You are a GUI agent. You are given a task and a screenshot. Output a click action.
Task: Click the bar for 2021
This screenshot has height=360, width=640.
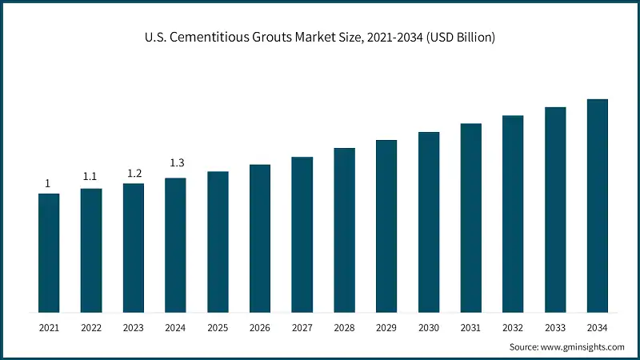coord(49,253)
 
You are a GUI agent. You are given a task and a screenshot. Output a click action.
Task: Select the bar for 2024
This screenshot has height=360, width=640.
coord(175,245)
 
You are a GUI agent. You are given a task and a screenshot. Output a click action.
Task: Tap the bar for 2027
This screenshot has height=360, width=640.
coord(302,234)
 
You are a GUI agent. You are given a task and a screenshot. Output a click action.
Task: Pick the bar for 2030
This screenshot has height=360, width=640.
coord(429,222)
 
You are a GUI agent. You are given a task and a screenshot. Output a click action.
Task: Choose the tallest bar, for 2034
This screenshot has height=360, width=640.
coord(598,206)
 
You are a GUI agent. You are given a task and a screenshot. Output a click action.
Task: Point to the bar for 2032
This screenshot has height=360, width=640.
coord(513,214)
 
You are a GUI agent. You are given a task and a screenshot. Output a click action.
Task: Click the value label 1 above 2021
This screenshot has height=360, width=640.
coord(48,183)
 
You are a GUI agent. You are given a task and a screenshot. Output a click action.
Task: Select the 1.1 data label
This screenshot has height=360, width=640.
coord(90,177)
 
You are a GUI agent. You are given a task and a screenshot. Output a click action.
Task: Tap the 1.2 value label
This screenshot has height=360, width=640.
coord(133,173)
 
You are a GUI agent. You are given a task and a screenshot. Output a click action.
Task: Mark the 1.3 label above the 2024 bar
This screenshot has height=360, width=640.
coord(175,164)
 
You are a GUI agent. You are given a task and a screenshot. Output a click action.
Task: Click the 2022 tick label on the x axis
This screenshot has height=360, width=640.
coord(91,328)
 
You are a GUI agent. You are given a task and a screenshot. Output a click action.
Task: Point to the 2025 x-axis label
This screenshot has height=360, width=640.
coord(218,328)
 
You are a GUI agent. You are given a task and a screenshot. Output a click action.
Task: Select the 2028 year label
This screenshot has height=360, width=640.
coord(344,328)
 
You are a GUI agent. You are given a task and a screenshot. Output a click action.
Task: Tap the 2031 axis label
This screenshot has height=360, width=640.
coord(470,328)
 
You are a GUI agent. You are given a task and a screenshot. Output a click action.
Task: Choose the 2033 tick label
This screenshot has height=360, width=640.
coord(555,328)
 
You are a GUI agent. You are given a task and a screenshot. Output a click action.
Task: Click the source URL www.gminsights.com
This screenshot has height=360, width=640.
coord(584,347)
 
